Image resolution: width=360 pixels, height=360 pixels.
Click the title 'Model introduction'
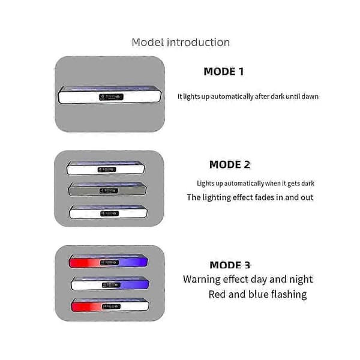pos(181,43)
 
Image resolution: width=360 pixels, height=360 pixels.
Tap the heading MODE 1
pos(224,71)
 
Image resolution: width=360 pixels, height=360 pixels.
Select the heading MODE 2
pos(230,164)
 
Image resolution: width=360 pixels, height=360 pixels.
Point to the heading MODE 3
pos(230,265)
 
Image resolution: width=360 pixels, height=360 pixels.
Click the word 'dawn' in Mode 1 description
pos(310,97)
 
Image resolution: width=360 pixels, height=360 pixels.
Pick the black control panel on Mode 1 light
pos(111,97)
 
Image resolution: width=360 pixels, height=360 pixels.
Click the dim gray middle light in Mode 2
pos(107,190)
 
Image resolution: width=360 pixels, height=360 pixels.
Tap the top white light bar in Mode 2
pos(106,168)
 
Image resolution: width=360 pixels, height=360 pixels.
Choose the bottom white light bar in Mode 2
pos(109,212)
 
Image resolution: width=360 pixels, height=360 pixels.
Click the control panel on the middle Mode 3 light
pos(111,285)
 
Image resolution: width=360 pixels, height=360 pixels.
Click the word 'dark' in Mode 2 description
pos(308,184)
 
